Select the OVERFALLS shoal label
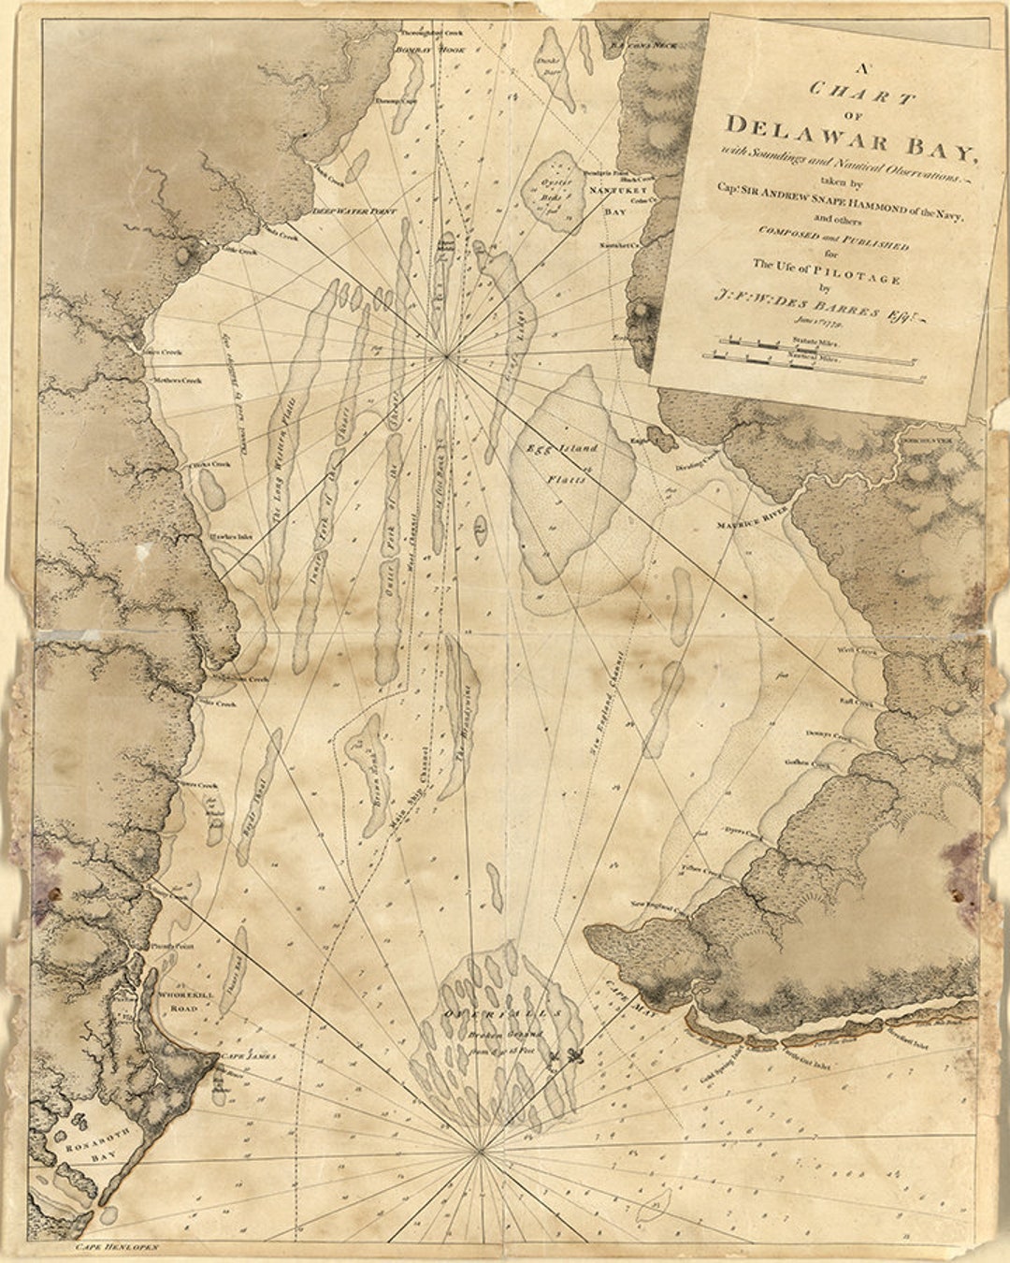[x=505, y=1014]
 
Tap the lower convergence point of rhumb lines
[x=480, y=1150]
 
